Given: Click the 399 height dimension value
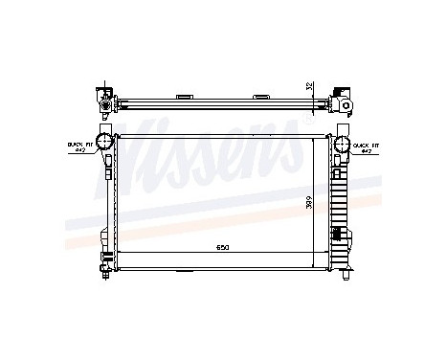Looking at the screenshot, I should pyautogui.click(x=307, y=203).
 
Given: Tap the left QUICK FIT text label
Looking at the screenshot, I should pyautogui.click(x=76, y=144).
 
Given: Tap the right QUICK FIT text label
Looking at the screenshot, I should pyautogui.click(x=367, y=144).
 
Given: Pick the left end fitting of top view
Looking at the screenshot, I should pyautogui.click(x=101, y=98).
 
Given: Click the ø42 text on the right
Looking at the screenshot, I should pyautogui.click(x=367, y=151).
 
